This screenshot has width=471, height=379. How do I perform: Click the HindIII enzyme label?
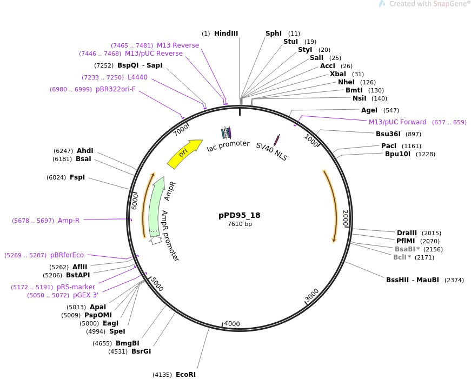tap(226, 34)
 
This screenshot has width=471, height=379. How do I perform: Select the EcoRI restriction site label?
tap(185, 374)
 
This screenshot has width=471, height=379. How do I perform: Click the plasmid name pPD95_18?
tap(240, 215)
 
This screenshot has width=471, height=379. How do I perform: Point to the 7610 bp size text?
tap(240, 224)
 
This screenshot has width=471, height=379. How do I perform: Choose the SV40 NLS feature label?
tap(271, 152)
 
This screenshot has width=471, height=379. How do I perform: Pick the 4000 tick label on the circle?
tap(232, 324)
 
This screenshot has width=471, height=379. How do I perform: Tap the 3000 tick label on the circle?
tap(312, 295)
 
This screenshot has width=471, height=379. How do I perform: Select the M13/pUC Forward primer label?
tap(397, 122)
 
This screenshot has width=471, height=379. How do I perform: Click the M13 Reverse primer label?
tap(178, 45)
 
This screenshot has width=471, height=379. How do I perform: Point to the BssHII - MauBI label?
tap(412, 280)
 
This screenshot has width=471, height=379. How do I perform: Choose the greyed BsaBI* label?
tap(407, 249)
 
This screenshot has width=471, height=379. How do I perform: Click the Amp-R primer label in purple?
tap(69, 221)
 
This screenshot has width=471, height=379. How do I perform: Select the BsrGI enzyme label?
tap(141, 351)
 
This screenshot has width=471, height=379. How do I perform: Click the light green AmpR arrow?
tap(157, 205)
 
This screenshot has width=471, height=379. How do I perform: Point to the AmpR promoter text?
tap(170, 236)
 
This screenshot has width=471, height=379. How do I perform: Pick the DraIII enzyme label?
tap(407, 233)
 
